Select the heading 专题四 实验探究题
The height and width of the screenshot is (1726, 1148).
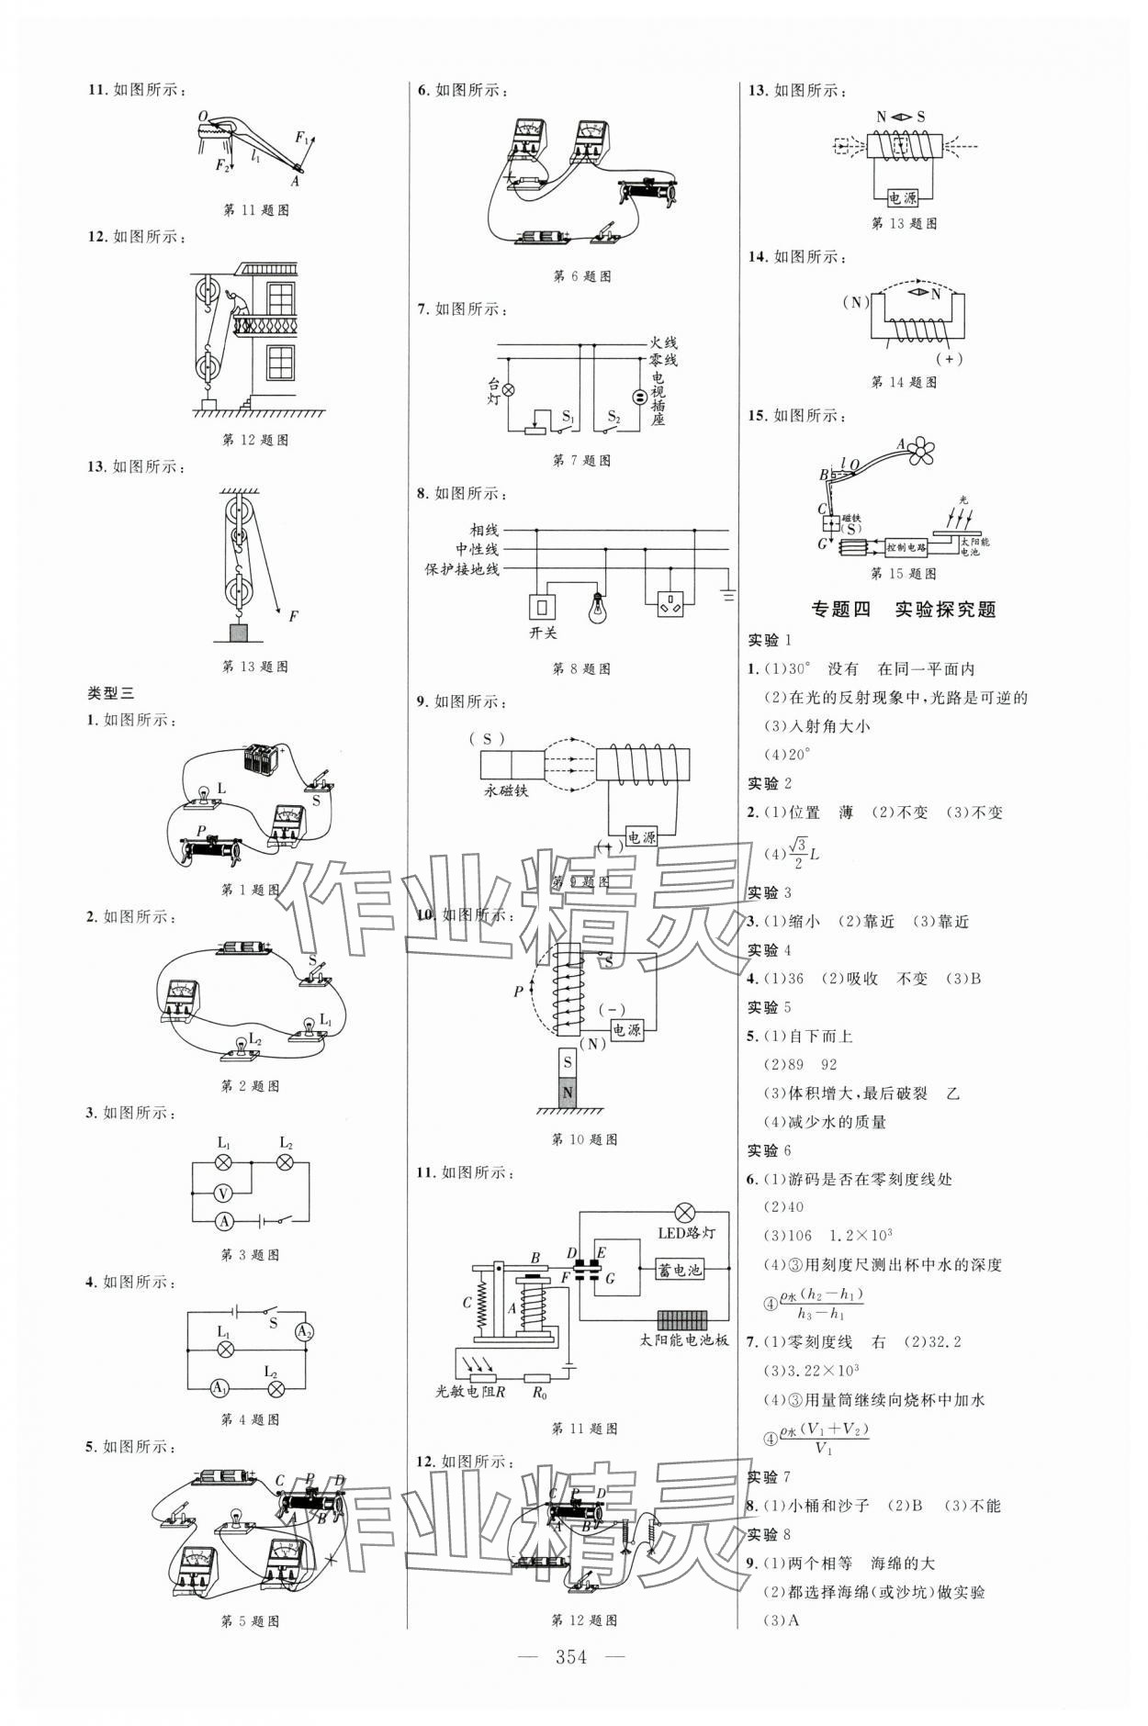(x=904, y=609)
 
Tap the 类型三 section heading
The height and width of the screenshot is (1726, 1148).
(x=110, y=694)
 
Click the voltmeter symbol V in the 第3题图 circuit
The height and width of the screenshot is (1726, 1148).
(x=221, y=1193)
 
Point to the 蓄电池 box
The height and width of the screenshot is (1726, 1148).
(x=680, y=1270)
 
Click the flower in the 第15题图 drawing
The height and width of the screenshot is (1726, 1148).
(x=920, y=448)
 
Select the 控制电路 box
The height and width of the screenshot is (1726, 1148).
(x=906, y=547)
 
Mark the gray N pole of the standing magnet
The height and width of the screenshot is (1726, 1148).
(x=568, y=1092)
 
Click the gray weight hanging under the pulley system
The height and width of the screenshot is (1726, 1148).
(x=239, y=632)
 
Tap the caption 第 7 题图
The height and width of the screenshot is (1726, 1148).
(x=581, y=461)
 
